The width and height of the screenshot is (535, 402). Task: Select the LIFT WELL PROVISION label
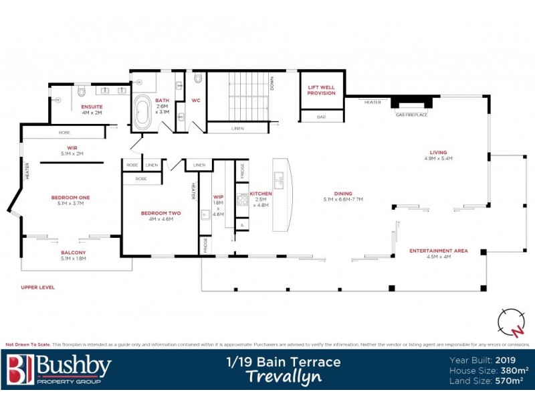321,90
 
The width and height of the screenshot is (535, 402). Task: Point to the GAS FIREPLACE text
411,115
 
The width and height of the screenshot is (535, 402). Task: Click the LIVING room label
439,152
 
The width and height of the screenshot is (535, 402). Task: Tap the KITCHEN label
261,194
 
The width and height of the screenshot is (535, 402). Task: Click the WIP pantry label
217,197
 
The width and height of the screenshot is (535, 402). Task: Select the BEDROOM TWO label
156,213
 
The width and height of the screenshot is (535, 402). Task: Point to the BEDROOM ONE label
70,197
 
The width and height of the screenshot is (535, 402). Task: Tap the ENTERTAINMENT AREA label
438,251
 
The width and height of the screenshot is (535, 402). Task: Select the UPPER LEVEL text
37,287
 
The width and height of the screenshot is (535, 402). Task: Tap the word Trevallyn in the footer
282,376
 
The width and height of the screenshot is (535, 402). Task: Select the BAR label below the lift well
321,117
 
